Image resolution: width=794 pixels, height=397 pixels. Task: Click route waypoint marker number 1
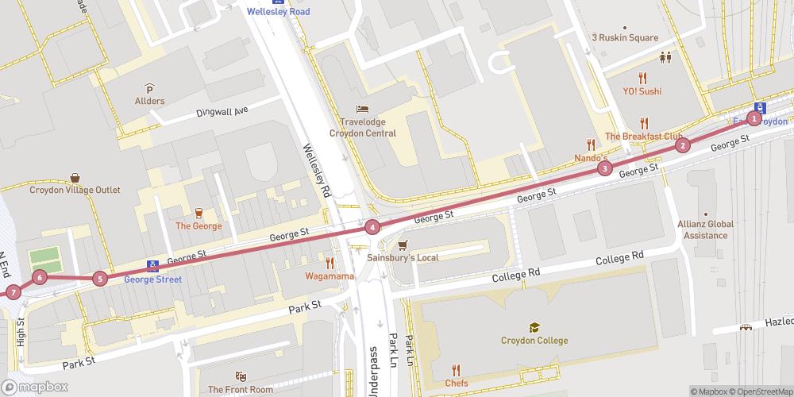tap(755, 119)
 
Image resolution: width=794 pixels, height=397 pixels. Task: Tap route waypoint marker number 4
tap(372, 228)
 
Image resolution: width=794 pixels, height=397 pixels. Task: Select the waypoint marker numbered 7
tap(13, 292)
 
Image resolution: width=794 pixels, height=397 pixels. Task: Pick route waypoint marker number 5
tap(99, 279)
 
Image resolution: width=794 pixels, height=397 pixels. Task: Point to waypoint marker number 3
tap(605, 168)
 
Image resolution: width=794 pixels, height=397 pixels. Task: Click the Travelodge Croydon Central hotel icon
tap(363, 109)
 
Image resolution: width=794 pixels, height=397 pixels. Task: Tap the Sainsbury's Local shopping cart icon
tap(403, 245)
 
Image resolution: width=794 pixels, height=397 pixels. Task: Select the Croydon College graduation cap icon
tap(534, 327)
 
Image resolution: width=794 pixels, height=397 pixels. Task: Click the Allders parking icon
tap(149, 88)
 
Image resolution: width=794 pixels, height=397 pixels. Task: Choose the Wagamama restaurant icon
tap(328, 263)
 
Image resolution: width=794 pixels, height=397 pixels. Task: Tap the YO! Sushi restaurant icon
tap(643, 78)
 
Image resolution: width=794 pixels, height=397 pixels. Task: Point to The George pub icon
tap(198, 213)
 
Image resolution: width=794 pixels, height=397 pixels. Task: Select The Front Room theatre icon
tap(241, 376)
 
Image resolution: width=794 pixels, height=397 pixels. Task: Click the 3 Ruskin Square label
tap(625, 37)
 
